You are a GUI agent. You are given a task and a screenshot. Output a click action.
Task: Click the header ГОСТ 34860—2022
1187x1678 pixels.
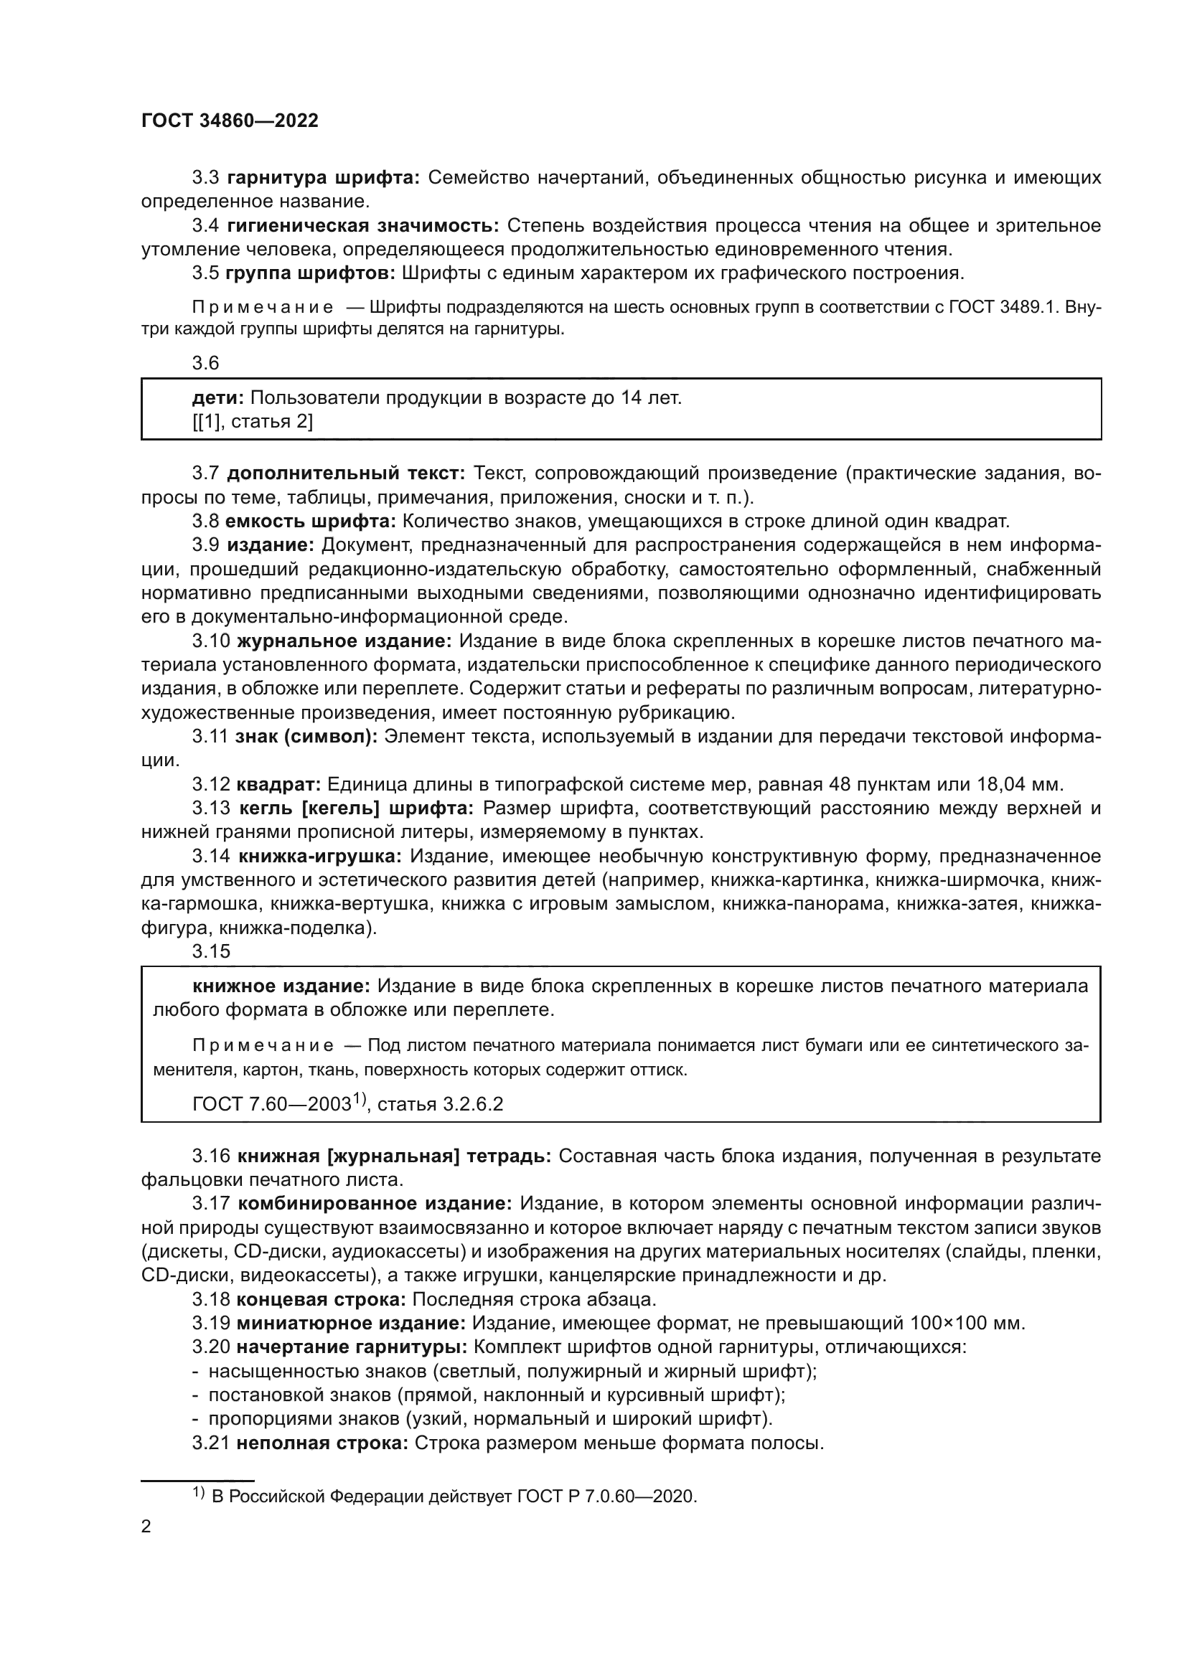[x=230, y=121]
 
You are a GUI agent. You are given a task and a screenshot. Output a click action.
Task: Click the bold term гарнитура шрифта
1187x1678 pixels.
[x=323, y=178]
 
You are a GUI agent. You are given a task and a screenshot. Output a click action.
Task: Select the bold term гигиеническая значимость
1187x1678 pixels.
[x=362, y=226]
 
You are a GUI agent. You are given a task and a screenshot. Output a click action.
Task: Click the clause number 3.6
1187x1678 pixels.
[x=205, y=363]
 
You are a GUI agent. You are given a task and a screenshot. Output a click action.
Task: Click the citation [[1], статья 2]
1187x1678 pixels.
[x=253, y=422]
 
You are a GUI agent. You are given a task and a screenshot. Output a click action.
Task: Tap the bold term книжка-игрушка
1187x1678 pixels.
[x=320, y=857]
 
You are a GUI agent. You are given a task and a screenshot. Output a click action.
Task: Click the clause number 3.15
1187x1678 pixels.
[x=210, y=951]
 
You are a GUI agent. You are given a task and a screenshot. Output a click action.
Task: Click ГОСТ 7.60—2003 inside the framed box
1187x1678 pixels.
[x=272, y=1103]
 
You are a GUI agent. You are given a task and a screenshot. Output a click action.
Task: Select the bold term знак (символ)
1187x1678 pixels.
[x=306, y=737]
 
